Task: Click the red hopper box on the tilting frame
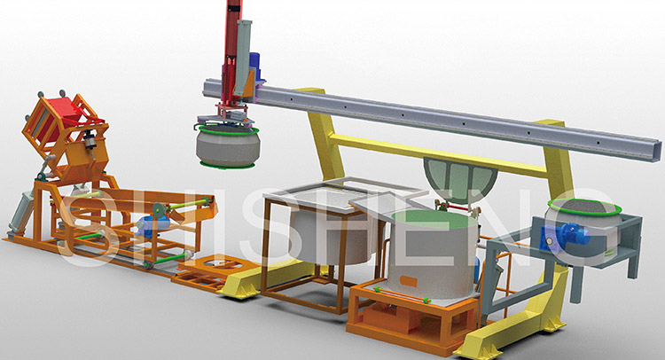[60, 113]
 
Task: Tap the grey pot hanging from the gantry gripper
[228, 145]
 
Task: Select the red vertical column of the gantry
[231, 51]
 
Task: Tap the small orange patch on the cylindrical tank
[409, 281]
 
